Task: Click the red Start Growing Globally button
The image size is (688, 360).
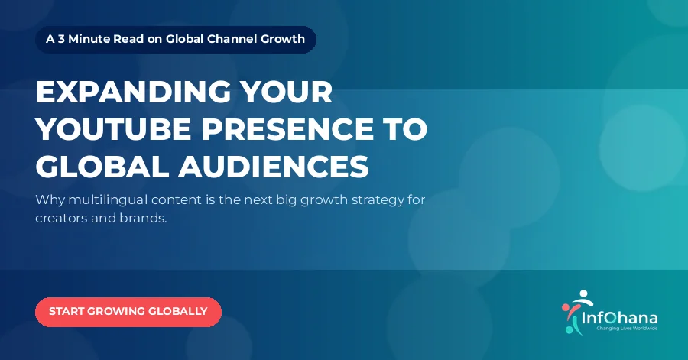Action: pyautogui.click(x=128, y=312)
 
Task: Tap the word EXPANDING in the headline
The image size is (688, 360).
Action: pyautogui.click(x=133, y=92)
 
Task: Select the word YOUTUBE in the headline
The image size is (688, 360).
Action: pyautogui.click(x=113, y=129)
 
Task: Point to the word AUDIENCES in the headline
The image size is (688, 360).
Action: pyautogui.click(x=274, y=167)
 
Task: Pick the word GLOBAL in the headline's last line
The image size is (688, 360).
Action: pyautogui.click(x=102, y=167)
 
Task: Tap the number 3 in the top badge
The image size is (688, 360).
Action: pyautogui.click(x=61, y=39)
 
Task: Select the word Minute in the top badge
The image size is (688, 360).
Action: pyautogui.click(x=89, y=39)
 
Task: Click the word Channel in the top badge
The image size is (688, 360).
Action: pyautogui.click(x=232, y=39)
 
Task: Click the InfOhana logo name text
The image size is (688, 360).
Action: pyautogui.click(x=619, y=318)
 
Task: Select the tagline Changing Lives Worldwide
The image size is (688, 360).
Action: pyautogui.click(x=627, y=329)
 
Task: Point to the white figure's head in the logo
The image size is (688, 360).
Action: pyautogui.click(x=583, y=293)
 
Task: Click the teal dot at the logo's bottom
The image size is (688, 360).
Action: pyautogui.click(x=569, y=329)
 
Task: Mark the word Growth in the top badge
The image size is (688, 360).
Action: pyautogui.click(x=283, y=39)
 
